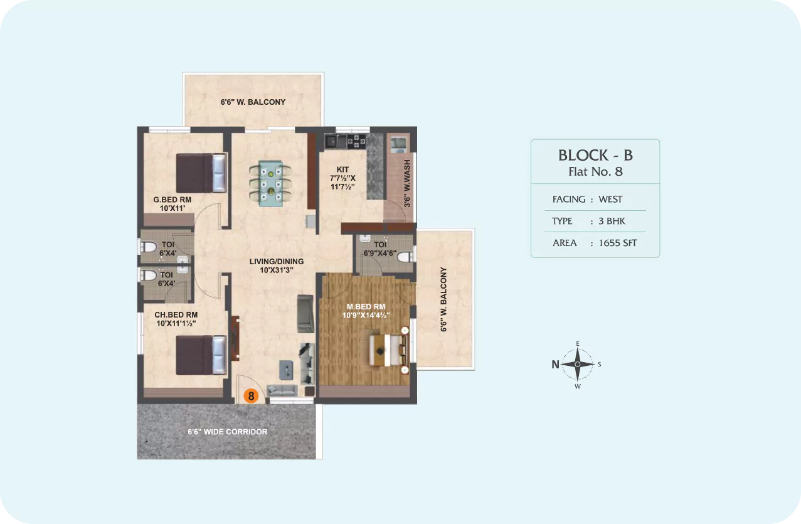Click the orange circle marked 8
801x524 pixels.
coord(251,396)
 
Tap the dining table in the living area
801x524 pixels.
coord(271,184)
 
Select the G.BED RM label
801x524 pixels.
coord(172,200)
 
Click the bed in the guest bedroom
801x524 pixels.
coord(201,173)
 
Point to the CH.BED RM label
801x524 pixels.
coord(176,315)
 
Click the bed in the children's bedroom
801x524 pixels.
coord(201,355)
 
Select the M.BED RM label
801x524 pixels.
coord(366,306)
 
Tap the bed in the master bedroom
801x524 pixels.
coord(389,350)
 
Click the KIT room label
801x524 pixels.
coord(342,169)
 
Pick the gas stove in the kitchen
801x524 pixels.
coord(356,141)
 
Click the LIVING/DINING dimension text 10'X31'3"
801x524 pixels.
coord(277,270)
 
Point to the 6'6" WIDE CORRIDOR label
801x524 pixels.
coord(228,432)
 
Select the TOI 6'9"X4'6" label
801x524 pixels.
coord(380,249)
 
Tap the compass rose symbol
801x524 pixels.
coord(577,364)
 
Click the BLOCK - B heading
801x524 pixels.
coord(595,155)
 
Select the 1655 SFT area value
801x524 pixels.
coord(618,243)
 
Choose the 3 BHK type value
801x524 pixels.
coord(612,221)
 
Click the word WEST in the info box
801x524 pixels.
coord(610,199)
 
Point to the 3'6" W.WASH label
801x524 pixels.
coord(407,183)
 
